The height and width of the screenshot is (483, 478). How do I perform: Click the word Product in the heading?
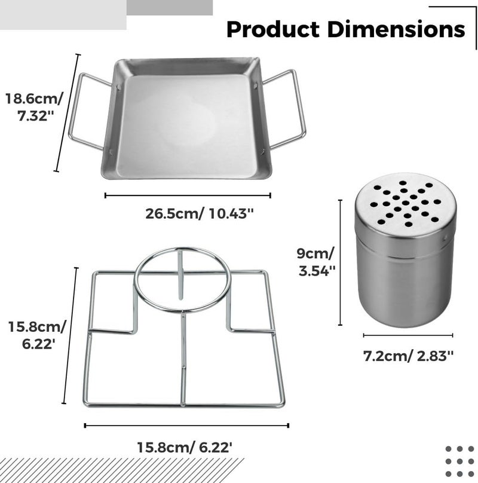272,30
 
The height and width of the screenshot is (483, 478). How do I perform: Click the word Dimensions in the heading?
396,29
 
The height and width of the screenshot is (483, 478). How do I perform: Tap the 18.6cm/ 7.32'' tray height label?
34,107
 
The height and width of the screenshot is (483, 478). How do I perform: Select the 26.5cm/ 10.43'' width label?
200,213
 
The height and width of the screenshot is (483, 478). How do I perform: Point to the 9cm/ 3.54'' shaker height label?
316,262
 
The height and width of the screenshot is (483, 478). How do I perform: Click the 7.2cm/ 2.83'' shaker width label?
409,356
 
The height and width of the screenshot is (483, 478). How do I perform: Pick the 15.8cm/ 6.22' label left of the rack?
37,335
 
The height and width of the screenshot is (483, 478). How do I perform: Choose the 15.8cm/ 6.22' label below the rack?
184,447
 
